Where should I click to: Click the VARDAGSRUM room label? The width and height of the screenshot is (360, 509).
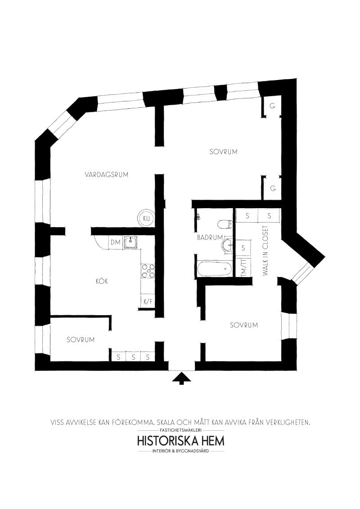pyautogui.click(x=107, y=174)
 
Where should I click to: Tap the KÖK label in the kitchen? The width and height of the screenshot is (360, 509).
pyautogui.click(x=102, y=281)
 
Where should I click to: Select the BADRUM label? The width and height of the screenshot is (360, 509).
pyautogui.click(x=210, y=237)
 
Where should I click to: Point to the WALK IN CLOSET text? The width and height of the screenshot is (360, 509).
pyautogui.click(x=266, y=251)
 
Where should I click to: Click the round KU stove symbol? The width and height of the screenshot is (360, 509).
pyautogui.click(x=146, y=219)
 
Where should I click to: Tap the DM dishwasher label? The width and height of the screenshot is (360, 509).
pyautogui.click(x=115, y=242)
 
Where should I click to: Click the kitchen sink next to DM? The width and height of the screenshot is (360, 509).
pyautogui.click(x=131, y=242)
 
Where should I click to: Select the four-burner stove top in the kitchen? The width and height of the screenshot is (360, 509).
pyautogui.click(x=148, y=271)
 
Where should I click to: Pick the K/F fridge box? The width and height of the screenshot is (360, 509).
pyautogui.click(x=148, y=302)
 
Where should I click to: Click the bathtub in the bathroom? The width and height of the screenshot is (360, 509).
pyautogui.click(x=215, y=269)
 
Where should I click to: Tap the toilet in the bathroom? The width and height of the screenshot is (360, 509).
pyautogui.click(x=225, y=223)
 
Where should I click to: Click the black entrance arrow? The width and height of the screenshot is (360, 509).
pyautogui.click(x=182, y=378)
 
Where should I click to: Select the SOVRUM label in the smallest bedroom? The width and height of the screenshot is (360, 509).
pyautogui.click(x=81, y=340)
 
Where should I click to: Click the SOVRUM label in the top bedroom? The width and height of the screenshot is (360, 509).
pyautogui.click(x=224, y=152)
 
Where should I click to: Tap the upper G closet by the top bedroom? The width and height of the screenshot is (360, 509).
pyautogui.click(x=272, y=106)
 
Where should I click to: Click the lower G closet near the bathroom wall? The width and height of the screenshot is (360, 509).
pyautogui.click(x=273, y=188)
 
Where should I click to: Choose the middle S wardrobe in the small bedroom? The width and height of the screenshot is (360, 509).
pyautogui.click(x=133, y=357)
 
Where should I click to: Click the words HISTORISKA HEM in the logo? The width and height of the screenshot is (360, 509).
pyautogui.click(x=180, y=441)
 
